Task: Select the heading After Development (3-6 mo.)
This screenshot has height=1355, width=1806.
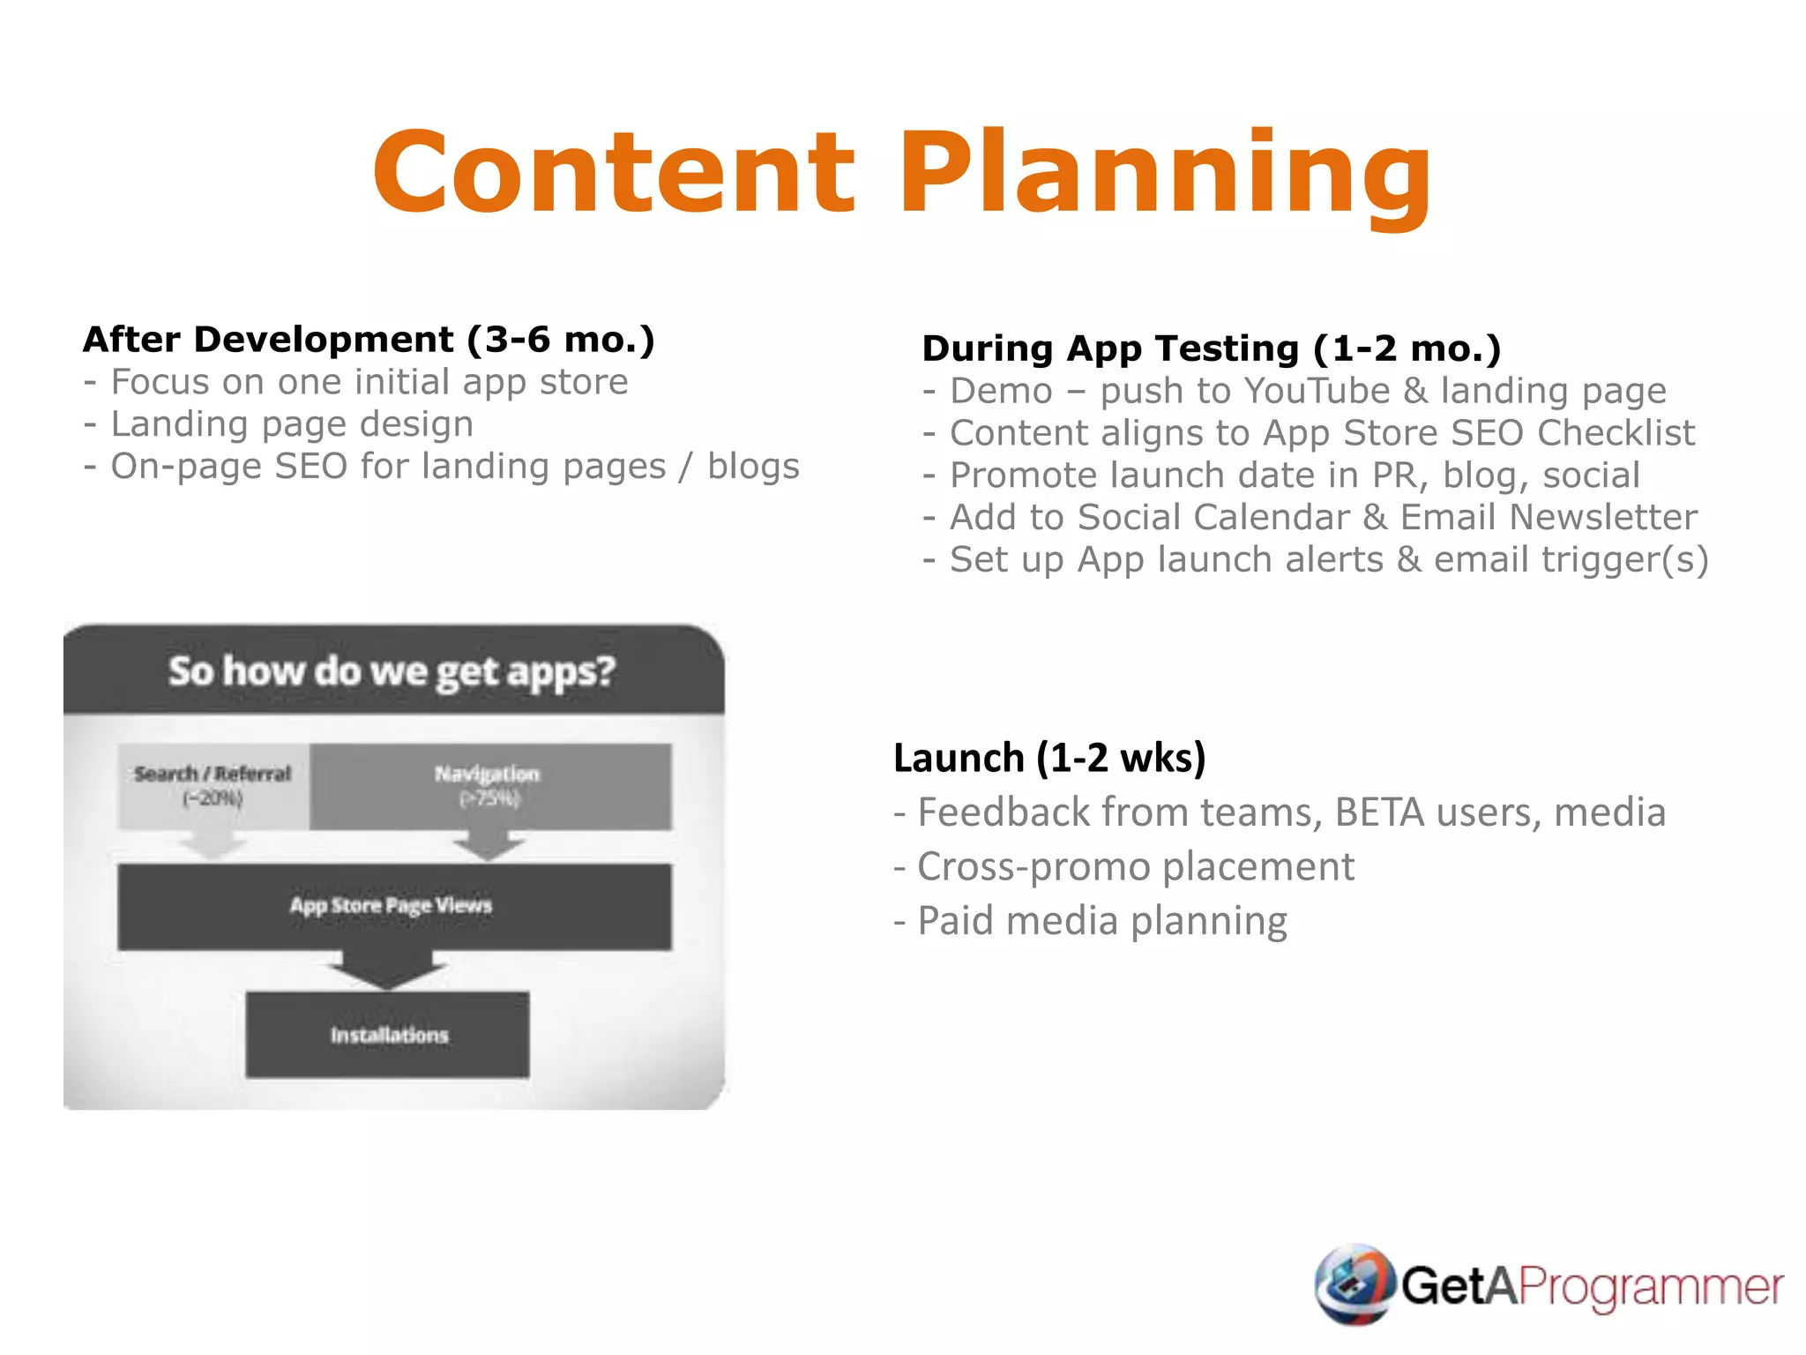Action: pyautogui.click(x=369, y=340)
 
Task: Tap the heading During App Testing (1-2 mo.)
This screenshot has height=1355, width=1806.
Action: pyautogui.click(x=1211, y=348)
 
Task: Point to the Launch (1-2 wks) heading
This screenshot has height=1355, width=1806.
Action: pyautogui.click(x=1049, y=758)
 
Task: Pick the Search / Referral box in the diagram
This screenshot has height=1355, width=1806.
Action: pyautogui.click(x=213, y=785)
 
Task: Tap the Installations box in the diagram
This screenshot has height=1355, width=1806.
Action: pyautogui.click(x=388, y=1035)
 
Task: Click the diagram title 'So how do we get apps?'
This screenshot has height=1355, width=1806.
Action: pyautogui.click(x=392, y=671)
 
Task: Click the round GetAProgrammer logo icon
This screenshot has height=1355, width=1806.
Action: pyautogui.click(x=1354, y=1284)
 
